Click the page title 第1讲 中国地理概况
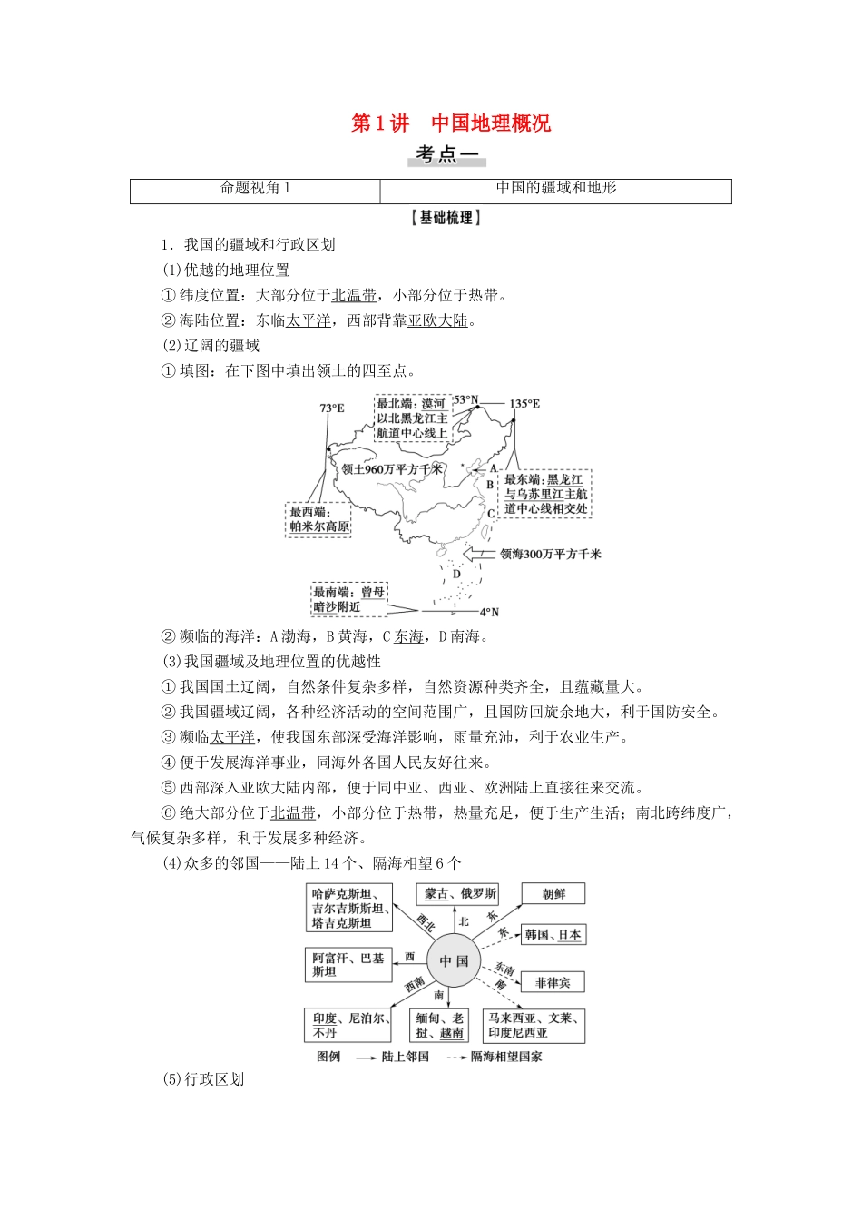click(451, 123)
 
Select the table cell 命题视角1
click(255, 189)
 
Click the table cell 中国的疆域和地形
click(555, 189)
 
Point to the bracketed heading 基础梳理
click(446, 218)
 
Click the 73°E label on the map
click(332, 408)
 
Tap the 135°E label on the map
click(524, 404)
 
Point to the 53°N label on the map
click(465, 400)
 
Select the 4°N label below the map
click(489, 612)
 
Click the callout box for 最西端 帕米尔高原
click(318, 519)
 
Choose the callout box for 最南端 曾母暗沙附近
click(349, 599)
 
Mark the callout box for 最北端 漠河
click(412, 418)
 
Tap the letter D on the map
click(456, 574)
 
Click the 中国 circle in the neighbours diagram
click(454, 960)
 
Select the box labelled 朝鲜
click(553, 894)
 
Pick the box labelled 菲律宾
click(553, 982)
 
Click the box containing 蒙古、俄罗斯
click(459, 894)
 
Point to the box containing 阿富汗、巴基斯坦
click(348, 964)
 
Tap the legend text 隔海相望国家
click(506, 1057)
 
